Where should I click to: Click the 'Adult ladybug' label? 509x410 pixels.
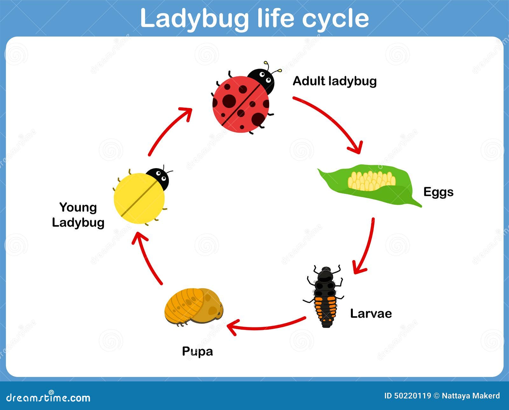click(334, 81)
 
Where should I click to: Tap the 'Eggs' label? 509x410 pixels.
click(438, 192)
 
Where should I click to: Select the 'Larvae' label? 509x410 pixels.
click(371, 313)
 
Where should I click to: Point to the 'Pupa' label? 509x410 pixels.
click(197, 351)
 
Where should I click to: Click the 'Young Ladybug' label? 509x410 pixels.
click(78, 215)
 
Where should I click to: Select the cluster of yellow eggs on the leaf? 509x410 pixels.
click(371, 181)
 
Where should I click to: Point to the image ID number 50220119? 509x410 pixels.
click(412, 396)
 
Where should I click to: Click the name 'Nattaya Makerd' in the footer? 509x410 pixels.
click(471, 396)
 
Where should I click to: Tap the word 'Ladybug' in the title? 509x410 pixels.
click(194, 18)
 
